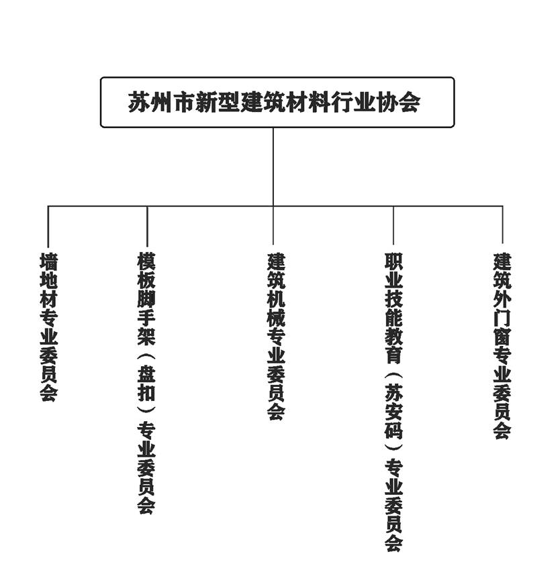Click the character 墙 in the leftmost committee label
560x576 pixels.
(x=48, y=261)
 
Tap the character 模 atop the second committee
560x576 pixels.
(x=146, y=261)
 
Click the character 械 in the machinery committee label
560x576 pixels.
(x=276, y=318)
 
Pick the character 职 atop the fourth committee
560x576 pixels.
(x=393, y=261)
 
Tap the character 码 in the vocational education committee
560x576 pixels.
(x=393, y=430)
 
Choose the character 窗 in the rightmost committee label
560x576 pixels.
(x=502, y=337)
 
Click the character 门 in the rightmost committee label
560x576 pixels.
(x=502, y=318)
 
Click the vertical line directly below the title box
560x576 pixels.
(x=273, y=167)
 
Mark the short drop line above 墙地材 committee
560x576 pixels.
(x=48, y=227)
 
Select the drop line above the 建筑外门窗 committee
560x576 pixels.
(x=503, y=225)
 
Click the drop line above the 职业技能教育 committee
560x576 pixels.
(x=393, y=225)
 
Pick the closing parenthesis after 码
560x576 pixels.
(x=393, y=447)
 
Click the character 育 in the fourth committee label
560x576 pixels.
(x=393, y=355)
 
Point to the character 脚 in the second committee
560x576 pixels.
(x=146, y=298)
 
